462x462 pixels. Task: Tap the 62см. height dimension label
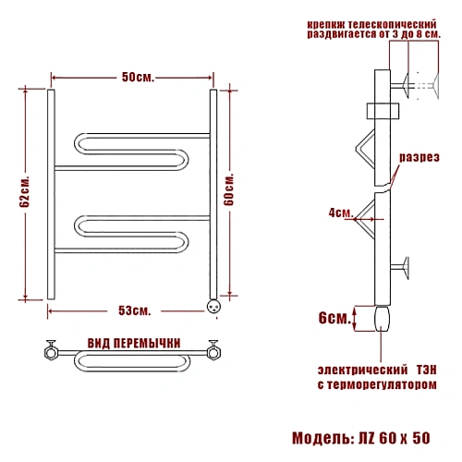25,191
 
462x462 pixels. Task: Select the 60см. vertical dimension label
229,189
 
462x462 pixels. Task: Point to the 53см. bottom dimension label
135,310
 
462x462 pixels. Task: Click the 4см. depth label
340,213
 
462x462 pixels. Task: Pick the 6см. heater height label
334,318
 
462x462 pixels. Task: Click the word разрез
419,157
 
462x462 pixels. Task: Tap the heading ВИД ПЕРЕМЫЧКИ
134,344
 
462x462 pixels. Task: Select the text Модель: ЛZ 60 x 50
361,438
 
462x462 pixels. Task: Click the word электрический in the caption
362,370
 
